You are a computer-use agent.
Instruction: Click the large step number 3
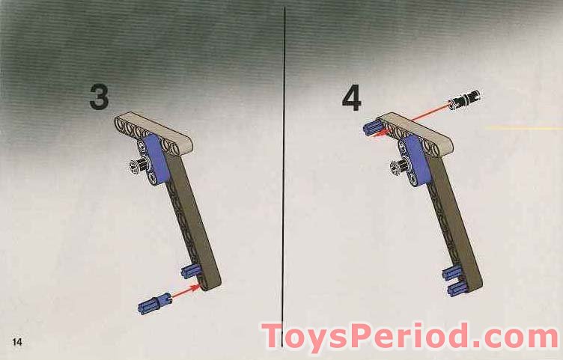(99, 97)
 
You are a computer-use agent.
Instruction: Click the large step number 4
(352, 99)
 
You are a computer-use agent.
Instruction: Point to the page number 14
(16, 342)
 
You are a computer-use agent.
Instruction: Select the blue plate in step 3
(159, 159)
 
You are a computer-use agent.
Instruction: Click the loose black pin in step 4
(464, 99)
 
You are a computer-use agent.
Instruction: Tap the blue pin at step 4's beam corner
(372, 128)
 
